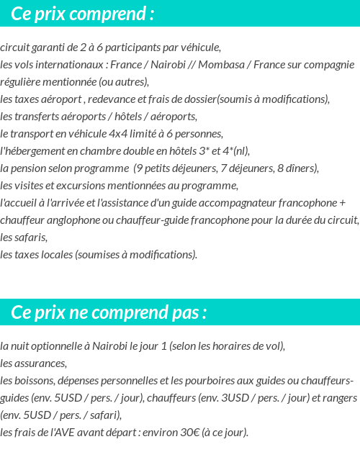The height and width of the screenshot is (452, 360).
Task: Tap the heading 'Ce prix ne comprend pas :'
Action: click(109, 313)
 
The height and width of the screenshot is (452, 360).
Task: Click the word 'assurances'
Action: click(40, 363)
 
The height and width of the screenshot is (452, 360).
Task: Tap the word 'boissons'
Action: click(37, 381)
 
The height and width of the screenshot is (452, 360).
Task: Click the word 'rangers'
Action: click(339, 398)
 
